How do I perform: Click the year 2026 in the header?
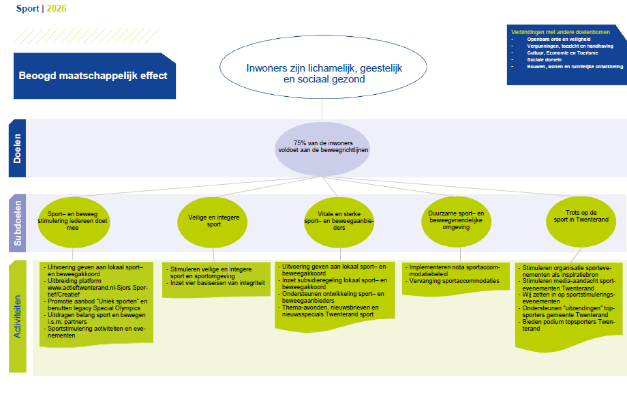57,9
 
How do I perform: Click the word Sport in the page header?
28,9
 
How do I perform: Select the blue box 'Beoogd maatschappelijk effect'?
93,76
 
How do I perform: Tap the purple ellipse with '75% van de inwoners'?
323,146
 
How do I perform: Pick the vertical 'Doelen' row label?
18,148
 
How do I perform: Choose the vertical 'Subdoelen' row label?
18,221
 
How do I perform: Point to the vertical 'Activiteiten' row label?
18,313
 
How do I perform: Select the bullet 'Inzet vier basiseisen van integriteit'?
217,283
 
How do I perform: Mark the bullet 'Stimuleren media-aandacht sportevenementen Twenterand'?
568,284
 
